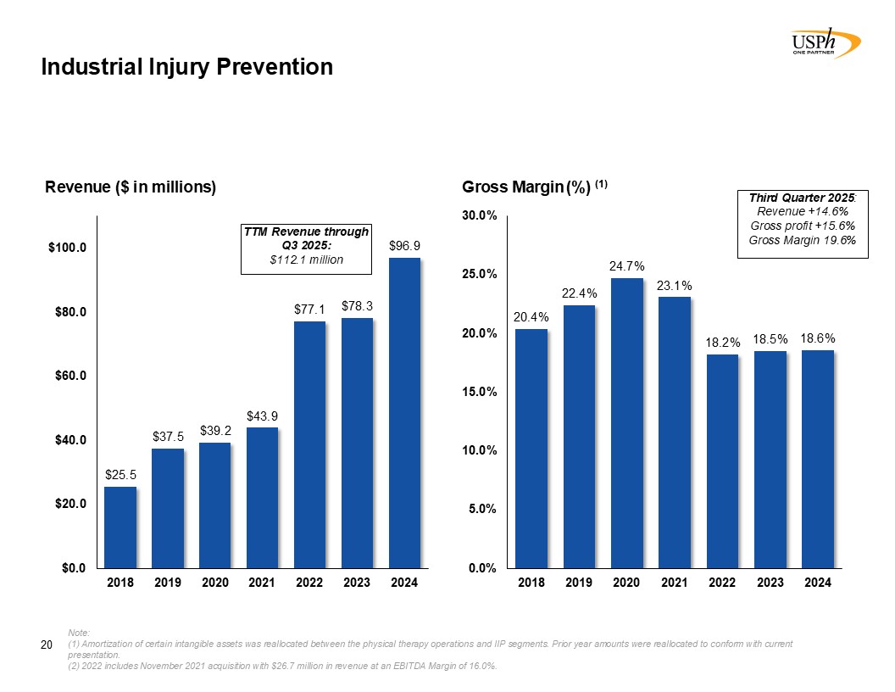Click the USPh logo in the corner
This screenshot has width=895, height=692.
click(x=823, y=42)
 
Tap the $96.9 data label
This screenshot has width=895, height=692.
click(x=404, y=245)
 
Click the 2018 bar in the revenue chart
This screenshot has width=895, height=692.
click(x=120, y=527)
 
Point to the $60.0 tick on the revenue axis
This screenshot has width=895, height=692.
click(x=69, y=376)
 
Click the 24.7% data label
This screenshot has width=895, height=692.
click(x=626, y=266)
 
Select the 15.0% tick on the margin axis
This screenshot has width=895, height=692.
click(x=479, y=392)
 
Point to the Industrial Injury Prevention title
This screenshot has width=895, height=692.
click(x=187, y=67)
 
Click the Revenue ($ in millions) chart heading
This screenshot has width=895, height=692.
click(x=131, y=187)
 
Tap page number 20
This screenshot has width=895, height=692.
click(x=48, y=648)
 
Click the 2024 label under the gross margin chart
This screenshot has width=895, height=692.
click(x=817, y=583)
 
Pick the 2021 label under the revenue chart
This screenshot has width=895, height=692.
click(x=262, y=583)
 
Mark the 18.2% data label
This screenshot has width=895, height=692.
click(x=723, y=343)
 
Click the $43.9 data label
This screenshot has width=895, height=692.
click(x=262, y=416)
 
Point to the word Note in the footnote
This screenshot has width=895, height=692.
click(x=78, y=633)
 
